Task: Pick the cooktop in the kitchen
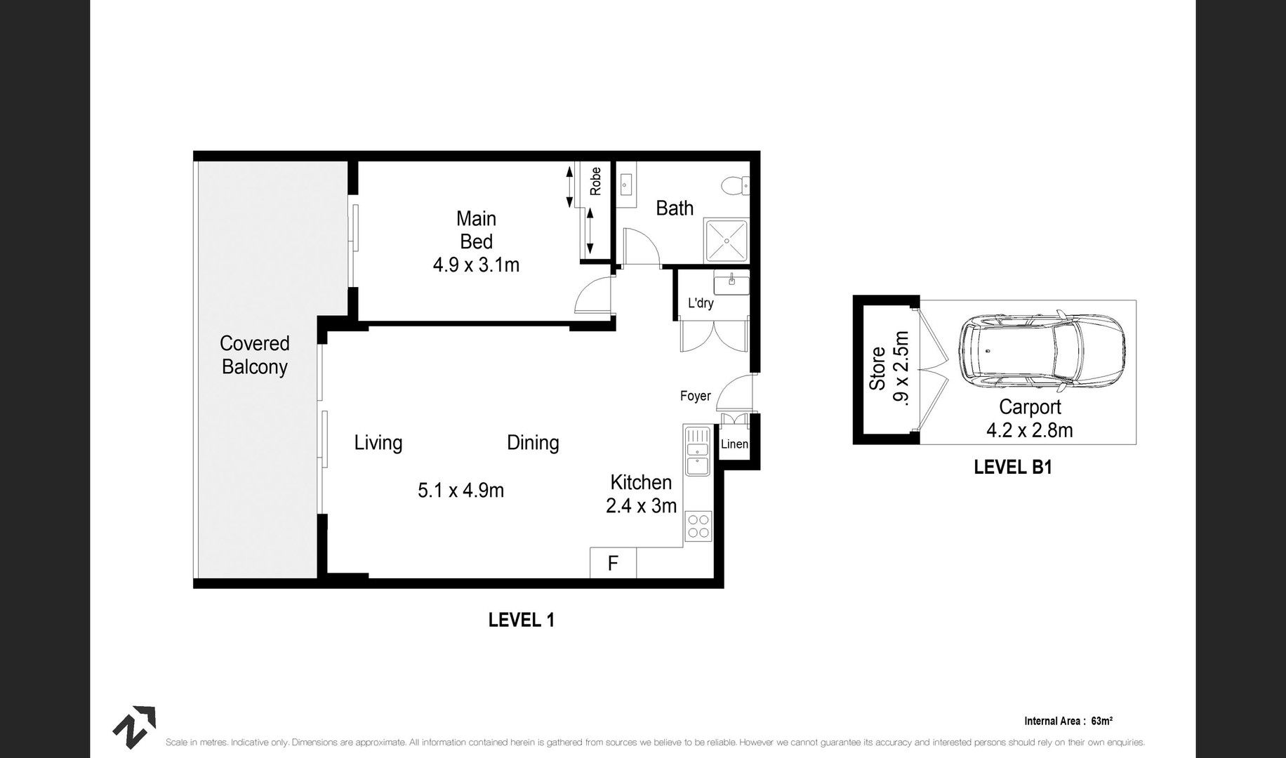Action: (x=698, y=526)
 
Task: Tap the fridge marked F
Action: (x=613, y=563)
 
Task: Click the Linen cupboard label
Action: (x=734, y=444)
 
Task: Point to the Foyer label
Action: (x=695, y=396)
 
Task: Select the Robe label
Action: (x=595, y=181)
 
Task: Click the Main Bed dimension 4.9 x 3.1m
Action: (x=476, y=265)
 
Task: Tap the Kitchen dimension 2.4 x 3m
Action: (x=641, y=505)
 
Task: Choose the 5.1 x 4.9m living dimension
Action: (x=460, y=490)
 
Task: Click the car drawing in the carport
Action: (x=1041, y=351)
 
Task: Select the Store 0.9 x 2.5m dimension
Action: (x=899, y=367)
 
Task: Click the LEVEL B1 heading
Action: (x=1012, y=467)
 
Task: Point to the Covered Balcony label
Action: (x=254, y=355)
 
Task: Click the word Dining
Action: (x=533, y=443)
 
